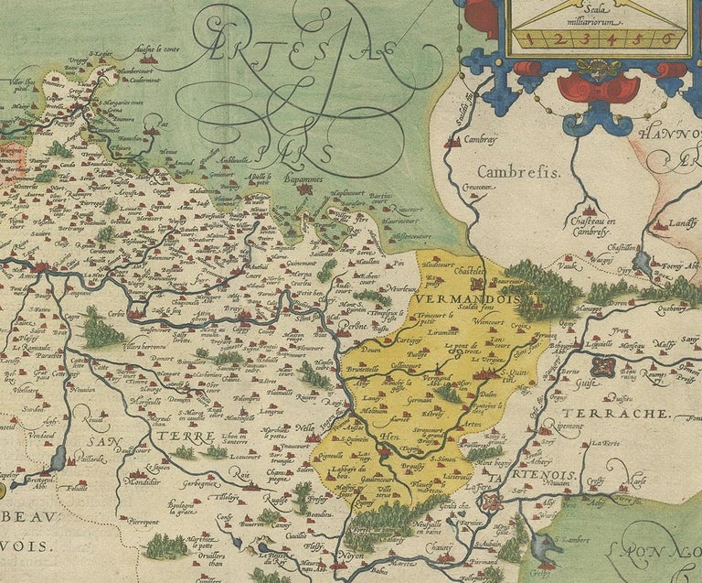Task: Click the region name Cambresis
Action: [x=515, y=171]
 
